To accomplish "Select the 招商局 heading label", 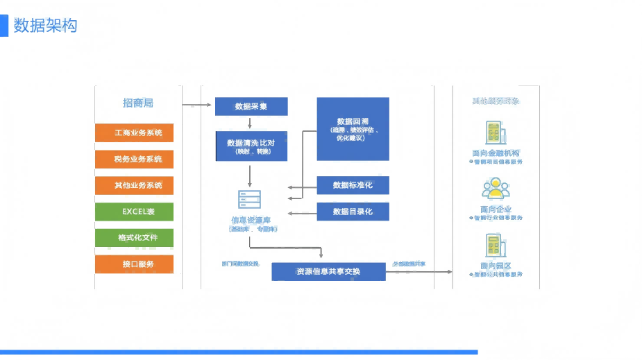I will [x=137, y=103].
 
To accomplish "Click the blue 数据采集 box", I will [x=251, y=106].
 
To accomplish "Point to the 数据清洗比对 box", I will [x=251, y=146].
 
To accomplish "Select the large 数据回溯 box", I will [x=353, y=129].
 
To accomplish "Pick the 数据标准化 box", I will [x=353, y=185].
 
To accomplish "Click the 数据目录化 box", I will [x=353, y=211].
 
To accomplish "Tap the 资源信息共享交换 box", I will [x=328, y=271].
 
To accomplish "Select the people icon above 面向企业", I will [x=496, y=189].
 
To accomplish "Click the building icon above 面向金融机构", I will [x=496, y=134].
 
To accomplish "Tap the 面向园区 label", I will [x=496, y=266].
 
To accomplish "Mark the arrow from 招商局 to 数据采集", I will [x=197, y=105].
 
